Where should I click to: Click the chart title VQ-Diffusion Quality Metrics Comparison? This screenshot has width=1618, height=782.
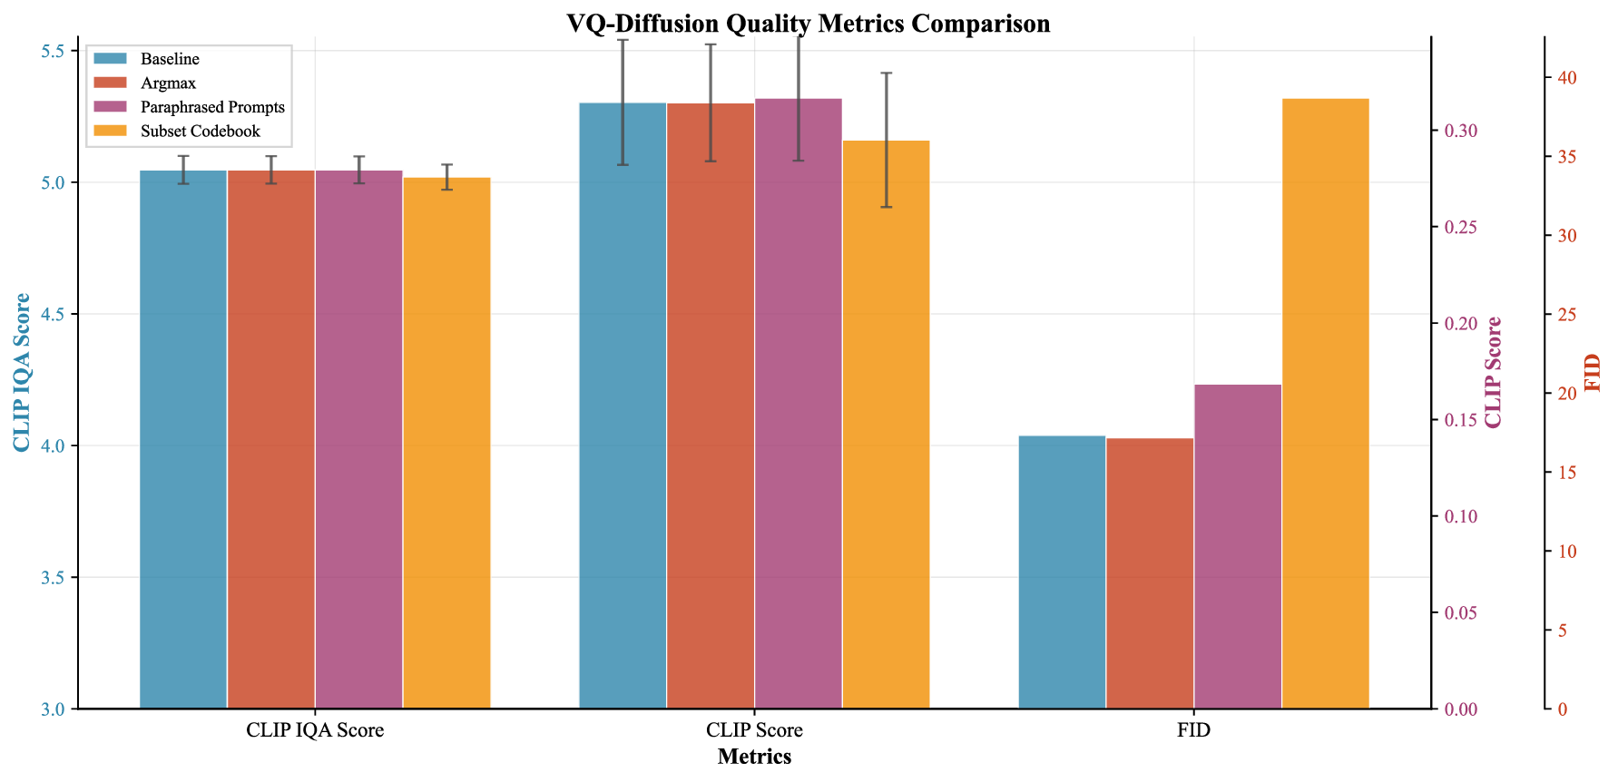click(x=808, y=23)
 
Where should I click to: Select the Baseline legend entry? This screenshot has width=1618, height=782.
click(x=170, y=59)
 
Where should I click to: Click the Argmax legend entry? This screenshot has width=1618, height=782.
click(x=168, y=83)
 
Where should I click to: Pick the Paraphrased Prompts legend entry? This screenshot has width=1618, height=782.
click(x=212, y=107)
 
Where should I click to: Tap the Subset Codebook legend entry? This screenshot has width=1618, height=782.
click(x=200, y=132)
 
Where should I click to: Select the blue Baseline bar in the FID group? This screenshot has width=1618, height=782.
click(x=1062, y=572)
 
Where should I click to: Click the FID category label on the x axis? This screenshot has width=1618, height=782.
click(x=1193, y=730)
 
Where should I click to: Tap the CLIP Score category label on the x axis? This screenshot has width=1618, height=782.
click(x=754, y=730)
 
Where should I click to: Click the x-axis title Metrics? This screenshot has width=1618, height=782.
click(x=754, y=757)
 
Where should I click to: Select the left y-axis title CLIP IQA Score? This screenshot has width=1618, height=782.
click(x=22, y=372)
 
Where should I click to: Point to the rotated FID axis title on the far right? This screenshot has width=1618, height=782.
click(x=1593, y=372)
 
